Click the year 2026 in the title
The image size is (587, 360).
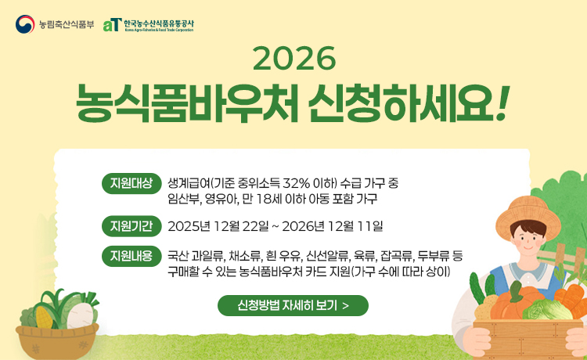tap(294, 58)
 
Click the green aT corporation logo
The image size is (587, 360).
tap(112, 24)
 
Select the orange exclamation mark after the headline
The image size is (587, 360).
tap(502, 103)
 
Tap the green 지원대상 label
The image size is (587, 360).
tap(131, 184)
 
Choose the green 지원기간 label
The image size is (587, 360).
tap(131, 227)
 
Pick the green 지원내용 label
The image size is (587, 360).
tap(131, 256)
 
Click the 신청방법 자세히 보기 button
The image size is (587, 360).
tap(293, 305)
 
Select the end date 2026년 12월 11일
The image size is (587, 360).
tap(333, 227)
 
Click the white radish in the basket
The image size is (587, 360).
tap(76, 312)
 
